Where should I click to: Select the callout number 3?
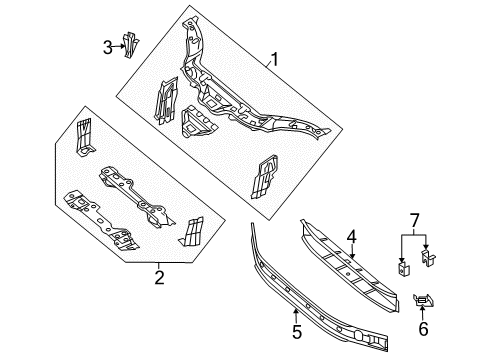[107, 45]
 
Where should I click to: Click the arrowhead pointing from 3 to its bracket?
[121, 46]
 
